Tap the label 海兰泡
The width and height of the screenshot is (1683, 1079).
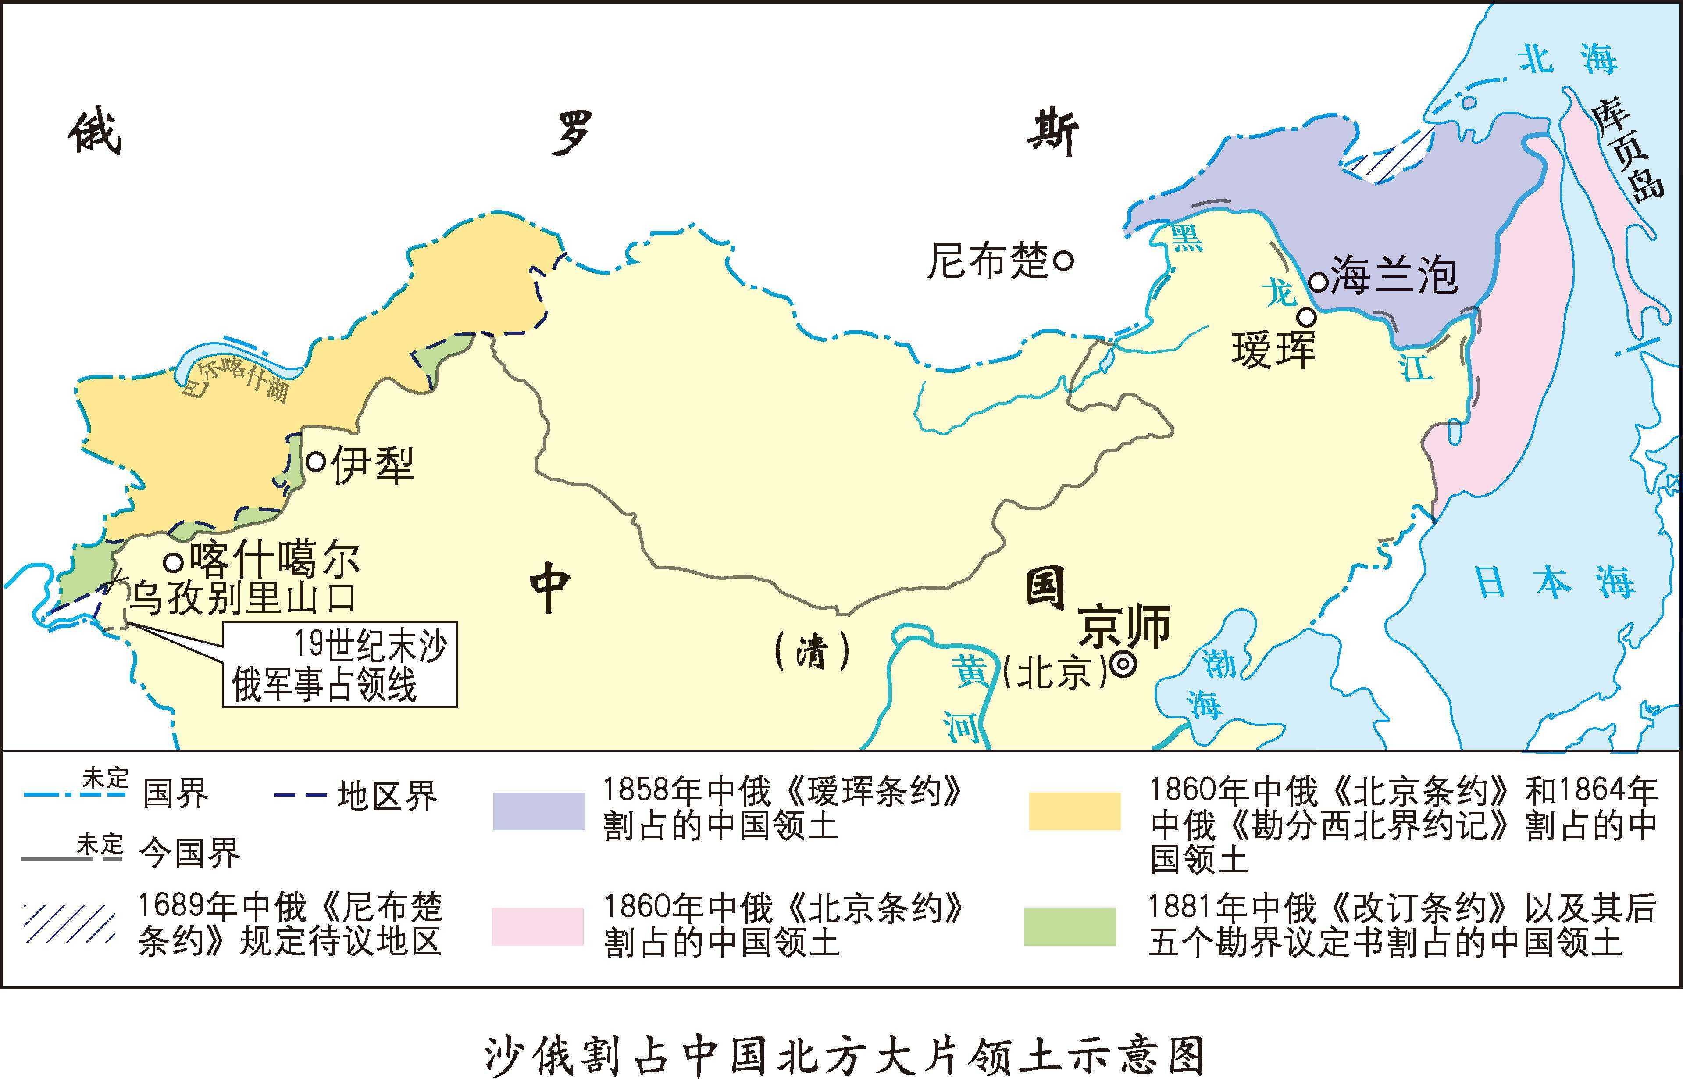1393,275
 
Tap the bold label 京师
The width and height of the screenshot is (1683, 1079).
1123,625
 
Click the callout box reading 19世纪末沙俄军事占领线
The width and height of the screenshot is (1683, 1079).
340,664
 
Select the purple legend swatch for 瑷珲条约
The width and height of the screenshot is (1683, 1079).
538,811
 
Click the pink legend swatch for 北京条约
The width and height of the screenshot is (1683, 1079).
537,926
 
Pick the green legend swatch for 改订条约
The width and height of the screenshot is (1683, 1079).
1070,926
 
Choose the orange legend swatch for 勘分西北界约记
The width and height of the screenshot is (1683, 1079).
1074,811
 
